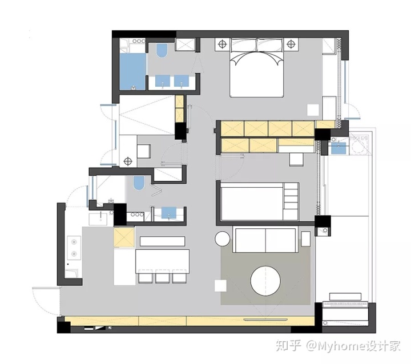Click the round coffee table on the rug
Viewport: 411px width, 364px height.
click(x=265, y=281)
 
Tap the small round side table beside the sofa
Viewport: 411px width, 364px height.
click(x=222, y=238)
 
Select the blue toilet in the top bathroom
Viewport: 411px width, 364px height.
click(x=162, y=51)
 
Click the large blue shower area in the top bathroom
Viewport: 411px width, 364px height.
click(x=132, y=71)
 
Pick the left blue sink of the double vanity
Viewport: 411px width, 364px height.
click(x=163, y=80)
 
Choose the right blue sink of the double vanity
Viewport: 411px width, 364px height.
click(x=182, y=80)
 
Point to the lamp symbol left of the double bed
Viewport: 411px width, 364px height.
click(x=222, y=44)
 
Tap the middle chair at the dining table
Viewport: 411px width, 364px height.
click(x=162, y=276)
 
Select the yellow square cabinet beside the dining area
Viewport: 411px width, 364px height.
click(x=124, y=237)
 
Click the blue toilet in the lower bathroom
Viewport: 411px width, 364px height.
click(x=139, y=183)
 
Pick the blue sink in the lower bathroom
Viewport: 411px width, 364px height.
click(x=169, y=213)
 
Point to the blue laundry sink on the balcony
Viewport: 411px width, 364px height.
click(x=339, y=148)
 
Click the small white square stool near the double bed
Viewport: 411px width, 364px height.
click(x=313, y=110)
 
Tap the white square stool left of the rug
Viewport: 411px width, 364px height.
click(x=220, y=286)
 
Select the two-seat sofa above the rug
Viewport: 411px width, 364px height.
click(x=265, y=240)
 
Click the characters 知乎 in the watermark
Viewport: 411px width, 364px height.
click(x=288, y=345)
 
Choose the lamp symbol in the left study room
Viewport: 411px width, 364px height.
click(x=128, y=161)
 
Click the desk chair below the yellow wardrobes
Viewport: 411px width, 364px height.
click(x=296, y=159)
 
